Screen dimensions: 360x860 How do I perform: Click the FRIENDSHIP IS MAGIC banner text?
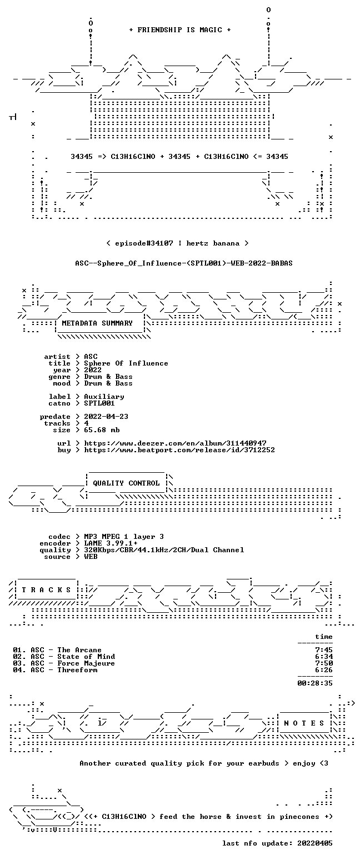click(180, 30)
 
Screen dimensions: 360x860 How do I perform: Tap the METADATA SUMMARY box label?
click(97, 323)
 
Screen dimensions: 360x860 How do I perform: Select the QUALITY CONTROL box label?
click(126, 483)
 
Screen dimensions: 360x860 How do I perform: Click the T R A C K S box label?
click(47, 589)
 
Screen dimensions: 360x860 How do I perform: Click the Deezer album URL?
click(176, 443)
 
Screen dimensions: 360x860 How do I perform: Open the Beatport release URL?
click(179, 450)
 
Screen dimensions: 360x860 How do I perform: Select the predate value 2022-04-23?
click(106, 417)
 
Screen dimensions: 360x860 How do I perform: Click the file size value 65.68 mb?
click(102, 430)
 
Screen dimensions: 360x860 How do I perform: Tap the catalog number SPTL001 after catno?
click(99, 403)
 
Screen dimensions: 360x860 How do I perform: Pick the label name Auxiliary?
click(104, 397)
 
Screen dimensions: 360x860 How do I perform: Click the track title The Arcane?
click(79, 650)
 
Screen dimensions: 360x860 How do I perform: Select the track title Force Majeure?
click(86, 663)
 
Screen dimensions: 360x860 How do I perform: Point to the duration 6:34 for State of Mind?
click(324, 657)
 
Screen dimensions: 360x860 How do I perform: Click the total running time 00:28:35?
click(315, 683)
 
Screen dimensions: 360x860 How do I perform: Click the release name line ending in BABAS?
click(184, 263)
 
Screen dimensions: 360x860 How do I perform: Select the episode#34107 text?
click(144, 243)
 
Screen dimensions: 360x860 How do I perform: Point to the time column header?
click(324, 637)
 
